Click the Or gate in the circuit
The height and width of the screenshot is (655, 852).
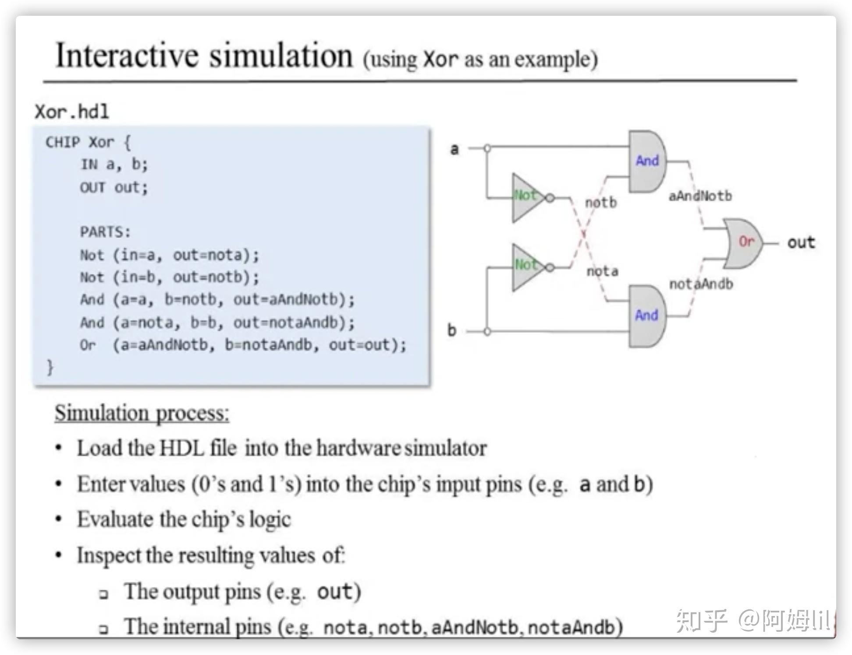(743, 242)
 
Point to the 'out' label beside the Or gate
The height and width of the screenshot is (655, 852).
(801, 242)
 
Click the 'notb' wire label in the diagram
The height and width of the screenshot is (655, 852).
(601, 203)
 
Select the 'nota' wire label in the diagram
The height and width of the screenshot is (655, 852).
(602, 271)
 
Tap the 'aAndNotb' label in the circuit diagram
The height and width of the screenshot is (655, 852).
(700, 196)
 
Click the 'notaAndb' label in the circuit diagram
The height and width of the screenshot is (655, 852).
(701, 284)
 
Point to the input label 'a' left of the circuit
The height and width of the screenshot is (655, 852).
(454, 149)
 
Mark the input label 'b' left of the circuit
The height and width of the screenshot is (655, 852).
(452, 330)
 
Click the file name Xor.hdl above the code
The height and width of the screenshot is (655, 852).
(72, 112)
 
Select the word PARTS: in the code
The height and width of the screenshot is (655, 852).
(105, 231)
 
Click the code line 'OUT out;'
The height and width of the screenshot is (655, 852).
(114, 187)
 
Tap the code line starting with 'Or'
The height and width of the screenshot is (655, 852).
(243, 345)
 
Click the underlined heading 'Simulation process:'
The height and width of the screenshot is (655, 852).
(142, 413)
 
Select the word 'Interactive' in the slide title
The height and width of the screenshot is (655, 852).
(127, 56)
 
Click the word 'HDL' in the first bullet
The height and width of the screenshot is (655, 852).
(181, 448)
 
